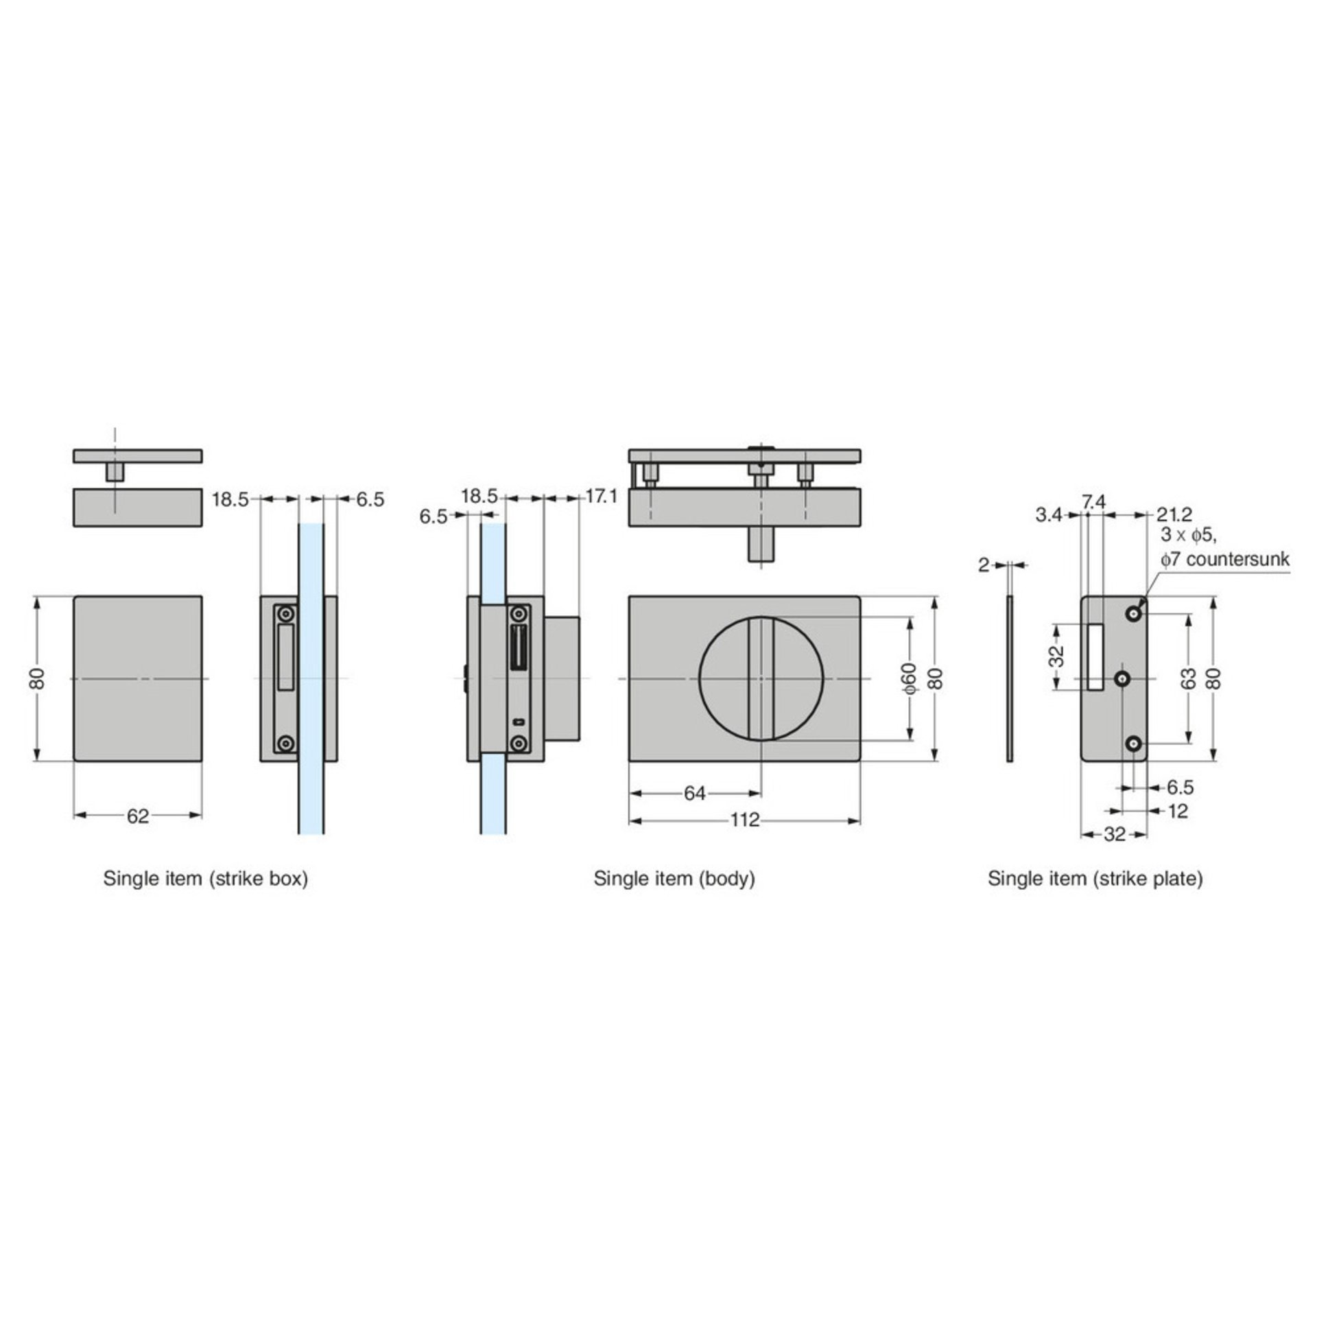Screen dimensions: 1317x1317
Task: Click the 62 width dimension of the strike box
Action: click(138, 816)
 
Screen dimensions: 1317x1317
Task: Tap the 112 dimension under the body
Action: click(745, 820)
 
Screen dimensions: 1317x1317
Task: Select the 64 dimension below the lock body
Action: click(694, 794)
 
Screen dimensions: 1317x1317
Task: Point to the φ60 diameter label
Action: click(909, 678)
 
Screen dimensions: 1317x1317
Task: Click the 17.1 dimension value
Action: click(602, 497)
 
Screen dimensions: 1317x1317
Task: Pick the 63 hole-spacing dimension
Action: click(1189, 678)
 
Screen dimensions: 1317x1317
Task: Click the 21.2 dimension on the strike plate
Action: click(1175, 514)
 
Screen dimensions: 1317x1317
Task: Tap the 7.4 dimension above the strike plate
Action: click(1093, 503)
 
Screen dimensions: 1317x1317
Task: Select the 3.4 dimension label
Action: click(1049, 514)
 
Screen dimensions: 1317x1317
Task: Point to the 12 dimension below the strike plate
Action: click(1177, 811)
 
